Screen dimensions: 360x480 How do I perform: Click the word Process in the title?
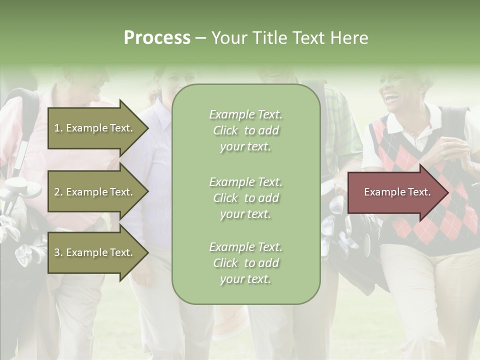pyautogui.click(x=157, y=38)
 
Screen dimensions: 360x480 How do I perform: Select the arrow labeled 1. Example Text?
pyautogui.click(x=95, y=128)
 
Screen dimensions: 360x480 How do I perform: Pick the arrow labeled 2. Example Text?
pyautogui.click(x=95, y=192)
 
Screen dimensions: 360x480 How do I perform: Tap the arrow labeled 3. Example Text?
pyautogui.click(x=95, y=252)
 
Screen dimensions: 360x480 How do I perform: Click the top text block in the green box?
pyautogui.click(x=245, y=130)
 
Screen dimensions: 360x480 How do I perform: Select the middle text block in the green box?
pyautogui.click(x=245, y=198)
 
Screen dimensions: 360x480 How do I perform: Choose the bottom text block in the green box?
pyautogui.click(x=245, y=263)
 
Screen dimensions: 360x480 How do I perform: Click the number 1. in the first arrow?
pyautogui.click(x=58, y=128)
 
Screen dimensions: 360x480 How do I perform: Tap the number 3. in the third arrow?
pyautogui.click(x=58, y=252)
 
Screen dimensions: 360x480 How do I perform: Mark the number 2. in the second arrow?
pyautogui.click(x=58, y=192)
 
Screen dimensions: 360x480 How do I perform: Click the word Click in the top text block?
pyautogui.click(x=225, y=130)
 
